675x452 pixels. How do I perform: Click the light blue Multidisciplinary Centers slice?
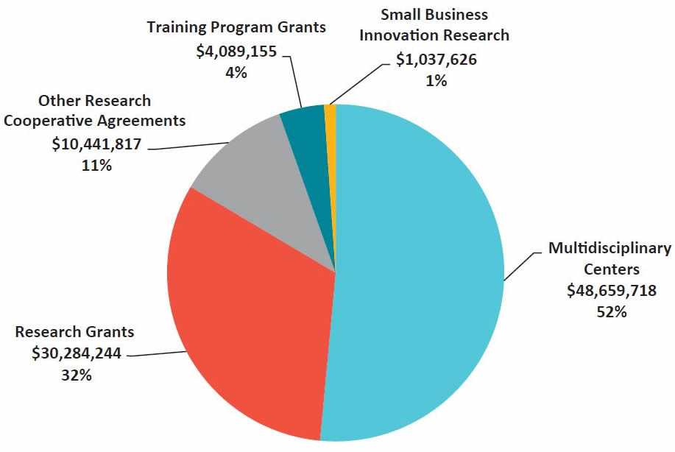coord(420,280)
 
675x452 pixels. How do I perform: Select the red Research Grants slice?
coord(250,317)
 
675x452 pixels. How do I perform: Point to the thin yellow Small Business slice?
coord(331,118)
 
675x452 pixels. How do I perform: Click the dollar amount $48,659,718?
coord(611,290)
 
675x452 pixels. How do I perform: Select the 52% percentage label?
coord(611,311)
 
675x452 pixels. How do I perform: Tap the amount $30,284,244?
coord(77,353)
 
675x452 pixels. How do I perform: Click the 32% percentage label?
coord(77,375)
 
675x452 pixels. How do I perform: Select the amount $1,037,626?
coord(436,60)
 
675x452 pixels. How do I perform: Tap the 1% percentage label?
coord(436,81)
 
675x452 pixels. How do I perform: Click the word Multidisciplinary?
coord(610,248)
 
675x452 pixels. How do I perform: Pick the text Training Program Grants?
coord(236,28)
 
